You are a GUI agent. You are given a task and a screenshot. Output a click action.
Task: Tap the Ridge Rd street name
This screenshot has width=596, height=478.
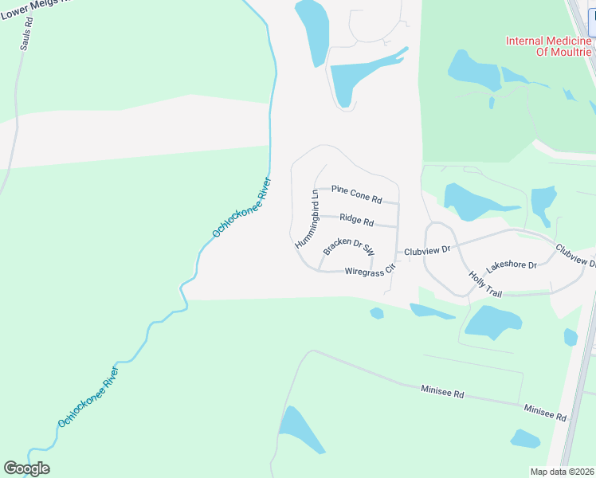(356, 219)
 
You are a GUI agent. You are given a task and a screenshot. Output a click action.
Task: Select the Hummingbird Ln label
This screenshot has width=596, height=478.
(307, 217)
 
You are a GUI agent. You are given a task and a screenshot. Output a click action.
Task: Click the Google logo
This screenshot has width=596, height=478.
(26, 468)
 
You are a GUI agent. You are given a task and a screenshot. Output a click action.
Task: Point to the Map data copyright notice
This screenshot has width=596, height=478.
(562, 472)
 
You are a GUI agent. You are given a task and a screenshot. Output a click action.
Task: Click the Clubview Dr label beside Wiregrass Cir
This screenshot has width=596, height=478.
(427, 250)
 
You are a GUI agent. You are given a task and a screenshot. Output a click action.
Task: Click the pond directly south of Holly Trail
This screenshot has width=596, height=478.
(492, 320)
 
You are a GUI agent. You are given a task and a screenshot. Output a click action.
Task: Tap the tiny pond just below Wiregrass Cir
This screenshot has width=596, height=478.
(377, 313)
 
